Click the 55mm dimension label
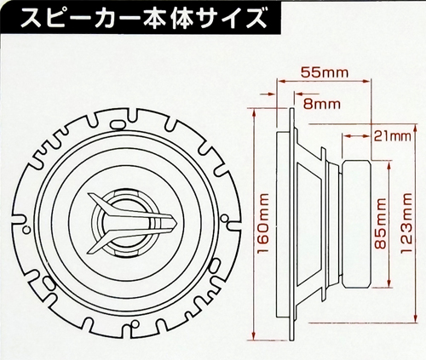[325, 72]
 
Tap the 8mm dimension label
[321, 104]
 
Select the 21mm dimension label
[392, 137]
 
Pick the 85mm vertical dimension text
[380, 223]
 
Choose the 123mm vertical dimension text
[406, 223]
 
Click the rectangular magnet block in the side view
[357, 224]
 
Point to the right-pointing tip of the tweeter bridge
[176, 222]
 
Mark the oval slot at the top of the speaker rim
[118, 124]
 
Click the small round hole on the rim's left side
[27, 229]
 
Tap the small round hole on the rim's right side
[224, 218]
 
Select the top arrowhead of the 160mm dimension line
[254, 112]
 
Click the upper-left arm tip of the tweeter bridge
[90, 195]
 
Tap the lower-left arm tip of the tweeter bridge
[89, 251]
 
